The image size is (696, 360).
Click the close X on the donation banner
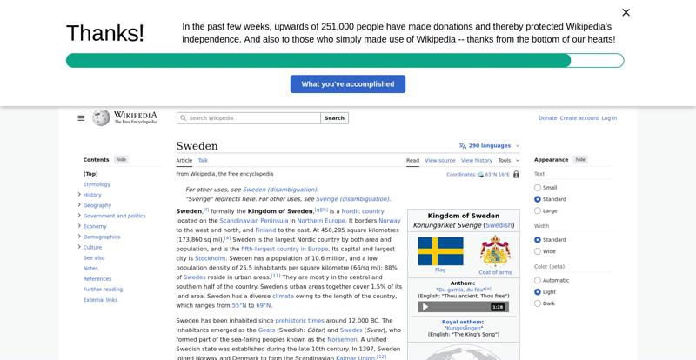[x=626, y=12]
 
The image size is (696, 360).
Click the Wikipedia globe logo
[x=101, y=117]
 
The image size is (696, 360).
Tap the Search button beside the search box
[x=335, y=118]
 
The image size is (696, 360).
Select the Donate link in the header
[x=547, y=118]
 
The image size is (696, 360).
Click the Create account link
[x=579, y=118]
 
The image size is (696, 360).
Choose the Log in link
[x=609, y=118]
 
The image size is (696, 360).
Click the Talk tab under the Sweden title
[x=203, y=160]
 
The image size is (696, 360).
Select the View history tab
[x=477, y=160]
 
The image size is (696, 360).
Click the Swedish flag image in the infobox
[x=440, y=251]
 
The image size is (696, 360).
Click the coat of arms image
[x=495, y=251]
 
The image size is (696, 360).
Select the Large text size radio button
[x=538, y=210]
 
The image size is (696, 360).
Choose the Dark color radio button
[x=538, y=303]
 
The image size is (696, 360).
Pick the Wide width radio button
[x=538, y=251]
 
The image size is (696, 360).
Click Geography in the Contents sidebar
[x=97, y=205]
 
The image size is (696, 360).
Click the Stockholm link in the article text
[x=211, y=258]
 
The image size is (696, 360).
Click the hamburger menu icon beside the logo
[x=81, y=118]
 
